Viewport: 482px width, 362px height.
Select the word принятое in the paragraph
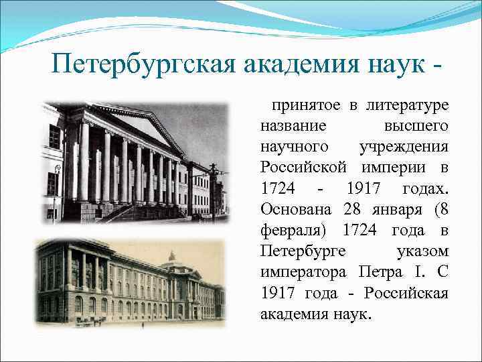[305, 105]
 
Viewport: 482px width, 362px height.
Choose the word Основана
[297, 209]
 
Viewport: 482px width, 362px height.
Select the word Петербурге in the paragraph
[302, 251]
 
